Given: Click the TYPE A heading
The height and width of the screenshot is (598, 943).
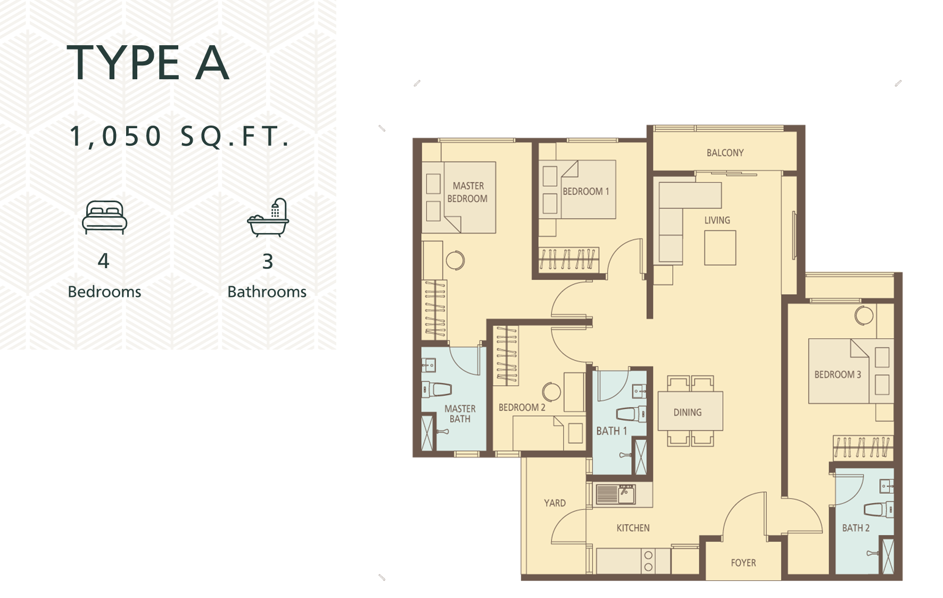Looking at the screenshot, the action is (148, 63).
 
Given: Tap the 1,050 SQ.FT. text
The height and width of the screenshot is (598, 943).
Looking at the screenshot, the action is (180, 136).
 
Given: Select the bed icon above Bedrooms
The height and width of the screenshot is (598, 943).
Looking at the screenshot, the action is (105, 217).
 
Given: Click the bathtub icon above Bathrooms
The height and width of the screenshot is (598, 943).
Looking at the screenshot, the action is (268, 218).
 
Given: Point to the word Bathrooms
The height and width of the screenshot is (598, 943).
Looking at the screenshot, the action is (267, 292).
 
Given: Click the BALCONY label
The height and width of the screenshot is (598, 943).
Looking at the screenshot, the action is (725, 153).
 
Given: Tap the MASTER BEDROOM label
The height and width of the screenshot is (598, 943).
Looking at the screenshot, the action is (467, 192).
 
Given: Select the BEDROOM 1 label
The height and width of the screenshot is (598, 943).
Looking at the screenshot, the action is (586, 192).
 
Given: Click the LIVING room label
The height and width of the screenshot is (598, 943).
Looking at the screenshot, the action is (717, 220).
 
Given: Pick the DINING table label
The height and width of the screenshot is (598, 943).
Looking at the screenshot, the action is (688, 412).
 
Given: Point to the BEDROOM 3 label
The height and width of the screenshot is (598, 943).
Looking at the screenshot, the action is (838, 375).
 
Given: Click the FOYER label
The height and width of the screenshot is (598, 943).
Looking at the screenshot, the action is (743, 563).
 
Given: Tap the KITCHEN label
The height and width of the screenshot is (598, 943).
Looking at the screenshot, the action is (633, 528).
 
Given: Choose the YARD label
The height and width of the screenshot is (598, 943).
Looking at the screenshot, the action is (555, 503).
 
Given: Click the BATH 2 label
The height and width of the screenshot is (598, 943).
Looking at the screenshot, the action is (856, 528).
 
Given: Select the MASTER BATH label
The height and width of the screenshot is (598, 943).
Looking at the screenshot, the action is (460, 414).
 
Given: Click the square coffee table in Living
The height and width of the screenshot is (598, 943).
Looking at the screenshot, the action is (720, 247).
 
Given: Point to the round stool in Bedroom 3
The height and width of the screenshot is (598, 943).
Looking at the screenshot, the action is (864, 315).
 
